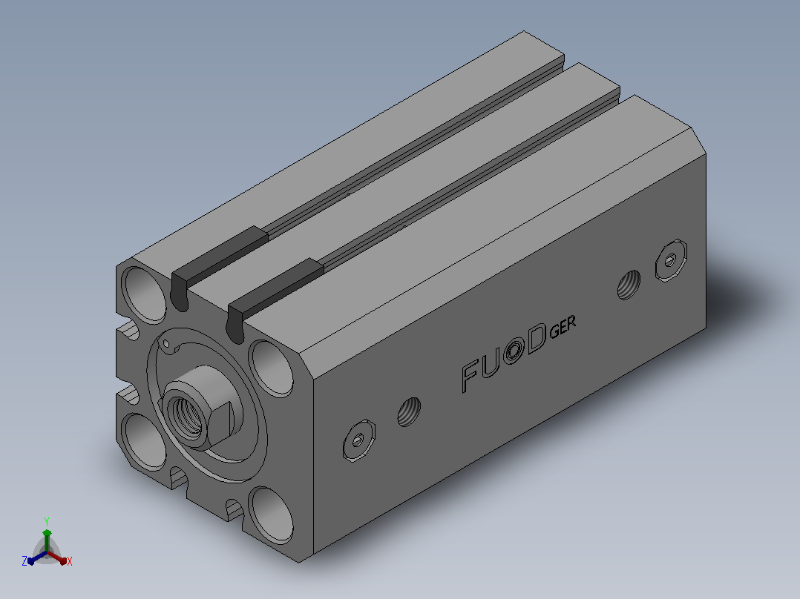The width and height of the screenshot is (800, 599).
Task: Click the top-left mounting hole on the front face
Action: click(x=143, y=294)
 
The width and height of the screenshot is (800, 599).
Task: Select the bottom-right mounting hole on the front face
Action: click(x=272, y=514)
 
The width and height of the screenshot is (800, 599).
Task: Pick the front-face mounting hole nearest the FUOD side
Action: click(x=271, y=368)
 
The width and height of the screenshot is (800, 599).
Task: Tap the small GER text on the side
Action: click(x=563, y=327)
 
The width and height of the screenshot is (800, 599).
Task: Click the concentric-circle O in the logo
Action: click(x=514, y=351)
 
